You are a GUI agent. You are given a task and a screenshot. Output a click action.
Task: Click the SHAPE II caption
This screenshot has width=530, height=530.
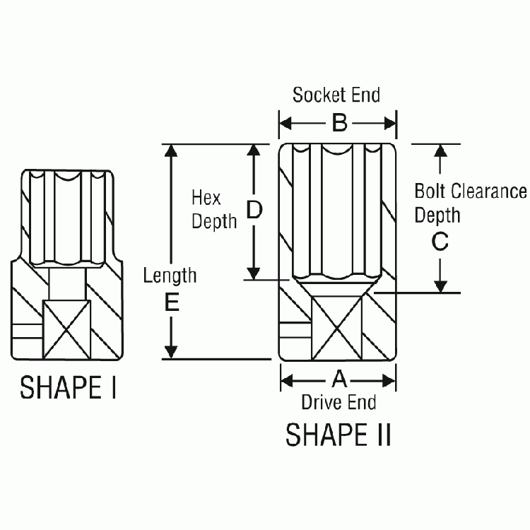click(338, 435)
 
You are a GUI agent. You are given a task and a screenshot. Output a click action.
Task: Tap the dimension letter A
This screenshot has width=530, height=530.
click(339, 380)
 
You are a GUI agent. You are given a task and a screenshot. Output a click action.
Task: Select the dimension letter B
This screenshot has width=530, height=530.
click(339, 124)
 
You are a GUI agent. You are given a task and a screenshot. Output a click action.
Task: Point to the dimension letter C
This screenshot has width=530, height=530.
click(440, 242)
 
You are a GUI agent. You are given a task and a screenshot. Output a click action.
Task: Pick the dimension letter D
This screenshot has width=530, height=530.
click(254, 210)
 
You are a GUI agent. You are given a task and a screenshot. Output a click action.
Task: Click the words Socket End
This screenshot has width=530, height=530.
click(336, 95)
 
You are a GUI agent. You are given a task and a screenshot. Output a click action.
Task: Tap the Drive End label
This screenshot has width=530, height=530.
click(338, 403)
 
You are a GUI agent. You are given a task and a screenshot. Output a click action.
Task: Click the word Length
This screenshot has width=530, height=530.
click(170, 275)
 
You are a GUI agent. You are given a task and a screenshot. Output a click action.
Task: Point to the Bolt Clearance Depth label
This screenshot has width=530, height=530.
click(470, 203)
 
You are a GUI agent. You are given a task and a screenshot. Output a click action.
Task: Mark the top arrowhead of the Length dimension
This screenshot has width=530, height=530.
click(170, 151)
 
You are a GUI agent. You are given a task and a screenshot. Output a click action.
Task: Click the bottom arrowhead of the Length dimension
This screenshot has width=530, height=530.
click(170, 353)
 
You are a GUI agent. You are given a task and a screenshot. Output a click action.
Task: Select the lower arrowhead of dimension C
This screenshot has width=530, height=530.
click(440, 286)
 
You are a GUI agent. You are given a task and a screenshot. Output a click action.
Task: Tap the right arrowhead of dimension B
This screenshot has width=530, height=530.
click(390, 124)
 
